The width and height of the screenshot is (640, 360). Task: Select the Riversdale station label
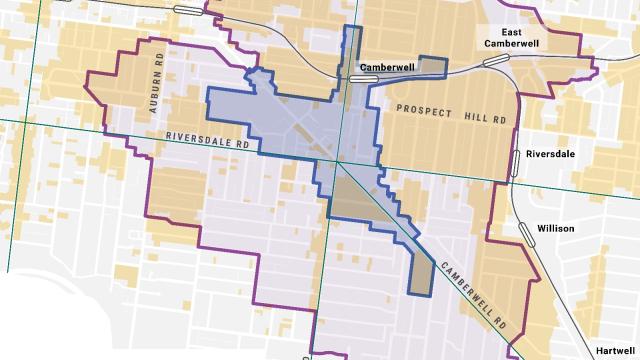(555, 156)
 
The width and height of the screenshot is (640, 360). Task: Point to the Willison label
(555, 228)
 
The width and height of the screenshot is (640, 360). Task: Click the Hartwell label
(613, 351)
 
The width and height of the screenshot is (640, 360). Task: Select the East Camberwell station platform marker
(492, 61)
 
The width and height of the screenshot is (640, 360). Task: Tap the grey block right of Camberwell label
(432, 69)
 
